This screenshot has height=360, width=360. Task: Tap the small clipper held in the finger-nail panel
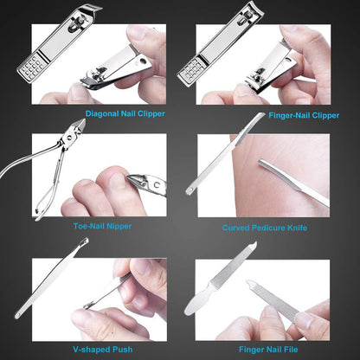(x=265, y=77)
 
